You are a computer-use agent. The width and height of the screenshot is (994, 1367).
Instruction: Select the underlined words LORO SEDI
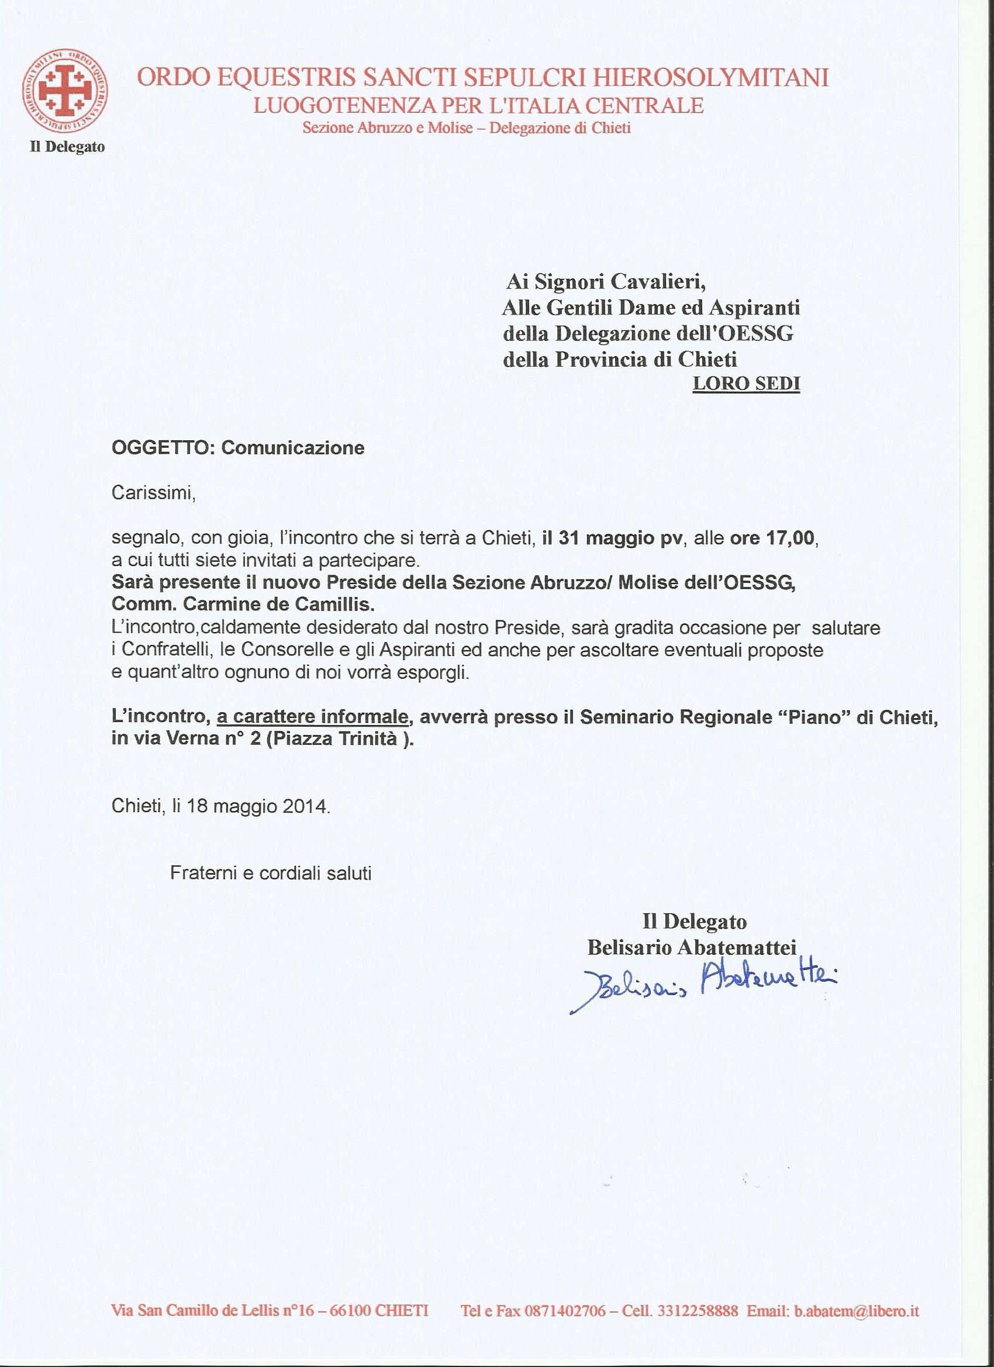click(x=746, y=384)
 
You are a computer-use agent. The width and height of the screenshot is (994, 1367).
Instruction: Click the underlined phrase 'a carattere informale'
click(x=312, y=717)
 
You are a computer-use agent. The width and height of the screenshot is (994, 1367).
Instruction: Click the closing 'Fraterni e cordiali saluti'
click(x=271, y=873)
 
